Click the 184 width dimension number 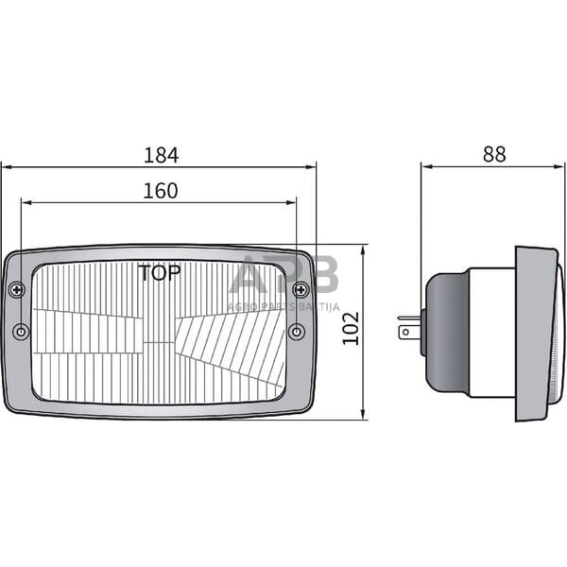coord(161,154)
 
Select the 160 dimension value coord(161,191)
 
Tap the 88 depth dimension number coord(493,154)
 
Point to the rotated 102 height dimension coord(352,329)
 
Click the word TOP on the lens coord(160,274)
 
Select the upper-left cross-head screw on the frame coord(16,289)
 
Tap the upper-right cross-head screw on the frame coord(301,289)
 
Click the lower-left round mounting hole coord(21,332)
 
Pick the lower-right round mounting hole coord(296,331)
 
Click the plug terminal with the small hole coord(409,331)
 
